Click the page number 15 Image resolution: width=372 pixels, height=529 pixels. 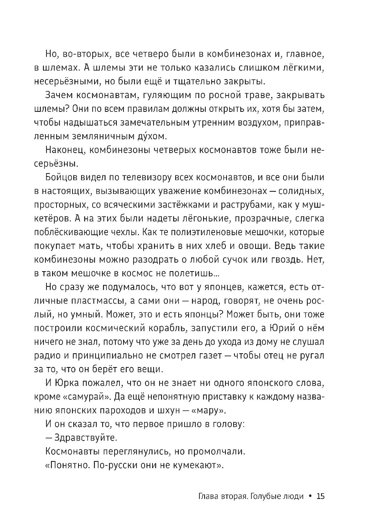pos(321,496)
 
